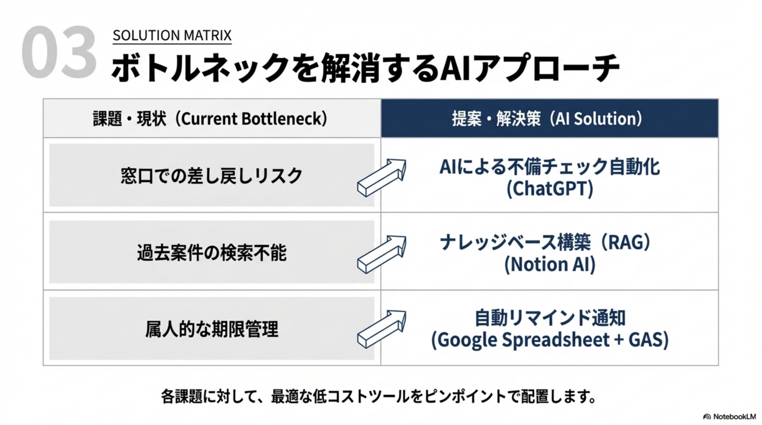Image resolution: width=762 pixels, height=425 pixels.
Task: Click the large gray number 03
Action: tap(59, 52)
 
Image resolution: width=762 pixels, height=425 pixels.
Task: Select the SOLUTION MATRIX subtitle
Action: tap(172, 35)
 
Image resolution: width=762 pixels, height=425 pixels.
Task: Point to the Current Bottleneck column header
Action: tap(210, 119)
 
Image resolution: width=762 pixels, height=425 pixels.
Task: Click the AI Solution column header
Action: tap(547, 119)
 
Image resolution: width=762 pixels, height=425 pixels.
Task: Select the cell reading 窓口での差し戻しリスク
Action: tap(212, 175)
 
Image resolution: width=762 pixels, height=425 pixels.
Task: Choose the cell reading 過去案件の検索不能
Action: tap(212, 252)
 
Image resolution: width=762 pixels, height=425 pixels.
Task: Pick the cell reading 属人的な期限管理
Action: tap(212, 329)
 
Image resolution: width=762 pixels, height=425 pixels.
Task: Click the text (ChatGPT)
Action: tap(550, 189)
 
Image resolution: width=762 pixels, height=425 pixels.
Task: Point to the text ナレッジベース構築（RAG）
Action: tap(545, 242)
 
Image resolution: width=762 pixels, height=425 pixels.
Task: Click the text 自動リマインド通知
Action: tap(550, 318)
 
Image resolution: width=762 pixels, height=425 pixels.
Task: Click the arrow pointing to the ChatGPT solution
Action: tap(382, 178)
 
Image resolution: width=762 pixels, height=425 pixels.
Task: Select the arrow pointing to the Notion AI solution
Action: tap(382, 254)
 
